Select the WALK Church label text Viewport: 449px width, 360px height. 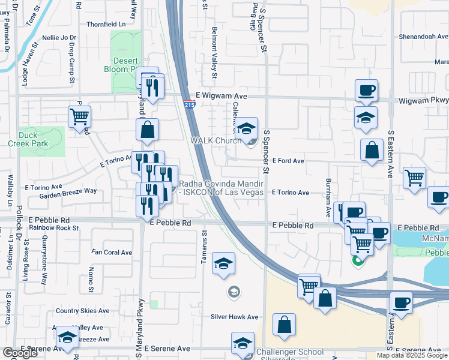[x=215, y=140]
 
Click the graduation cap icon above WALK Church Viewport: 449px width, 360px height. [x=246, y=128]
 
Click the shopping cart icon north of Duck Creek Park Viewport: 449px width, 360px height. [x=79, y=116]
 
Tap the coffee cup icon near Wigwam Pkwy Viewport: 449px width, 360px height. [x=366, y=91]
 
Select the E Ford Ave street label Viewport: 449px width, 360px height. [x=288, y=161]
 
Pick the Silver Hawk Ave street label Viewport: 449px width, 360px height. [x=234, y=317]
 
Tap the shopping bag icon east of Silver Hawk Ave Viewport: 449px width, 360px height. [x=284, y=325]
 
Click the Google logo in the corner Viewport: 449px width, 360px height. [x=20, y=353]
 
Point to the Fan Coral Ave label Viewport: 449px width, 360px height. [x=112, y=253]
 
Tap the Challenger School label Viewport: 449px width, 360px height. [x=289, y=352]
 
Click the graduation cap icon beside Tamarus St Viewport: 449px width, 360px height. [x=223, y=263]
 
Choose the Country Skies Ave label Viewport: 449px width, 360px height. [x=83, y=311]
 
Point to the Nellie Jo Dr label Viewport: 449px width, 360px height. [x=60, y=38]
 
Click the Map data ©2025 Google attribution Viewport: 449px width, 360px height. [x=412, y=355]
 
